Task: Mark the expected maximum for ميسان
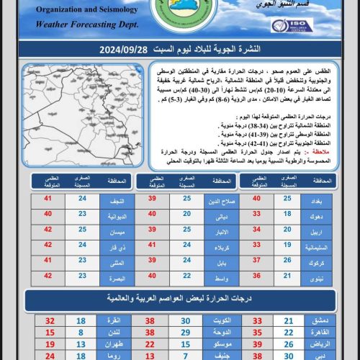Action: tap(49, 230)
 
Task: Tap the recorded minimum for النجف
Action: tap(81, 198)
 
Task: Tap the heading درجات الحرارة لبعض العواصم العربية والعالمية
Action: tap(180, 298)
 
